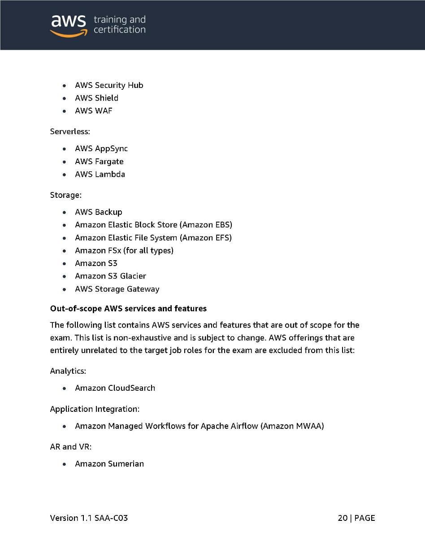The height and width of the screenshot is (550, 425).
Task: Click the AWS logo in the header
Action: [68, 25]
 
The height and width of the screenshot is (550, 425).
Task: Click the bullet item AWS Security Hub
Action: [109, 85]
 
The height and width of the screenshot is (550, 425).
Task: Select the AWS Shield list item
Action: [96, 98]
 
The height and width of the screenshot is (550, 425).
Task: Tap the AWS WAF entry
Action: [93, 111]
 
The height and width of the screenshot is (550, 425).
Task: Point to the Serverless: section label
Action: [70, 132]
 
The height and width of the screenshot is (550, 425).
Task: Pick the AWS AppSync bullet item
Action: [101, 148]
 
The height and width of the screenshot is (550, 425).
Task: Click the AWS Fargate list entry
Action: [99, 162]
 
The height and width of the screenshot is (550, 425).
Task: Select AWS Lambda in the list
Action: [100, 174]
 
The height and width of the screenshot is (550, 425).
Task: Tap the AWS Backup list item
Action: [99, 212]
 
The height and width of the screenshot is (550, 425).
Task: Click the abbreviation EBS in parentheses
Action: [221, 225]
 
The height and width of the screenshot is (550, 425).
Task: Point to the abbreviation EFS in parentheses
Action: [221, 238]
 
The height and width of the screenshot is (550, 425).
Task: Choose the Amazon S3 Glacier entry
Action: [110, 276]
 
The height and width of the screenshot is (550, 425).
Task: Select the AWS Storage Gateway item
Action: [117, 289]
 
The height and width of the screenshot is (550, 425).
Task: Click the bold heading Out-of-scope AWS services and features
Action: [128, 309]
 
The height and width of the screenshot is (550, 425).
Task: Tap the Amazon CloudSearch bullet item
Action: [115, 388]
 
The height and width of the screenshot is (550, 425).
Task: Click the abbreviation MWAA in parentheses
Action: [309, 426]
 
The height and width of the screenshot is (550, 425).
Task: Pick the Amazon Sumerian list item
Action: [109, 464]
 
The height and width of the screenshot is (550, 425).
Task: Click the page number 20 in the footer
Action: [343, 518]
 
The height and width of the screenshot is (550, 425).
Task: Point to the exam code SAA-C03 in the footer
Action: [111, 518]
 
